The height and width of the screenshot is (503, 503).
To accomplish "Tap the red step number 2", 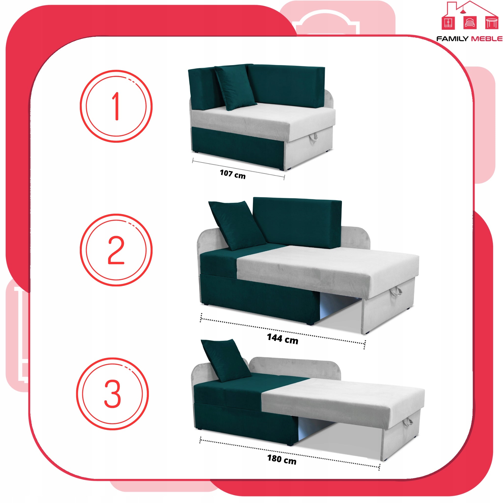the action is [116, 250].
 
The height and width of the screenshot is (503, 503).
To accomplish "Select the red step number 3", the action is [112, 393].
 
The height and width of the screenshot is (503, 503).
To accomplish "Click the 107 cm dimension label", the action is [233, 174].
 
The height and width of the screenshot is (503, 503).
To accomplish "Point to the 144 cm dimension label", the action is [282, 339].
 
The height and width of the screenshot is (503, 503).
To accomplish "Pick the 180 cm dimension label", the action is [282, 459].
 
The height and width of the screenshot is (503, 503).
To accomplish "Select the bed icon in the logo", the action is [470, 22].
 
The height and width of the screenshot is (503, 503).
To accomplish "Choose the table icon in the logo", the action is [491, 23].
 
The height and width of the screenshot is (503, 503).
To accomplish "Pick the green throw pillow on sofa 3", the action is [226, 360].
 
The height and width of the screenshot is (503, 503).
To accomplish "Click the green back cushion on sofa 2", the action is [297, 222].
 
